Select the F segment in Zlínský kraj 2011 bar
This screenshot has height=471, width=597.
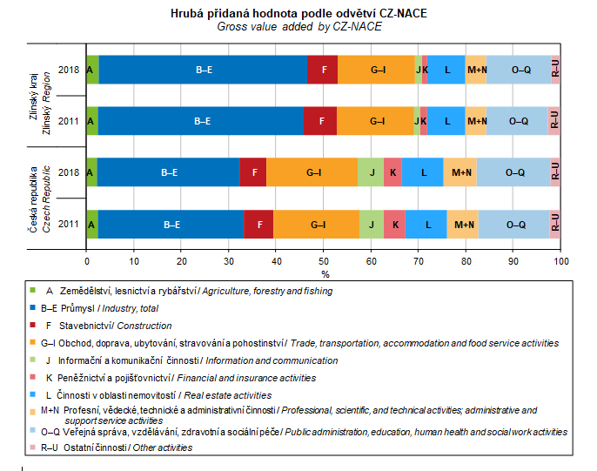320,121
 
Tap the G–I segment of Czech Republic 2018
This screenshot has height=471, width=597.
313,172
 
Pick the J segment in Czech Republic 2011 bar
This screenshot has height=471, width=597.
371,224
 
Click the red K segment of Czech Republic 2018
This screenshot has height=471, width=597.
392,172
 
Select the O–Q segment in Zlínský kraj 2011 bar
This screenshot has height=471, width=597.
517,121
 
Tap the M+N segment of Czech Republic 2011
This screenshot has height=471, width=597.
462,224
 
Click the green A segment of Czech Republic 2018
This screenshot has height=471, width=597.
91,172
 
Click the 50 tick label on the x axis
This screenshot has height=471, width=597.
324,259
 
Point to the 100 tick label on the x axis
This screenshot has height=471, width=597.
561,259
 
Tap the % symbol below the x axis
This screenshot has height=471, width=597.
324,273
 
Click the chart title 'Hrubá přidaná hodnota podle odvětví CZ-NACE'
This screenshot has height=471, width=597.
299,14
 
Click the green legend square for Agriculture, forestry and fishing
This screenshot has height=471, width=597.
33,290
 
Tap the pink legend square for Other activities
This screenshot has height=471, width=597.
33,447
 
